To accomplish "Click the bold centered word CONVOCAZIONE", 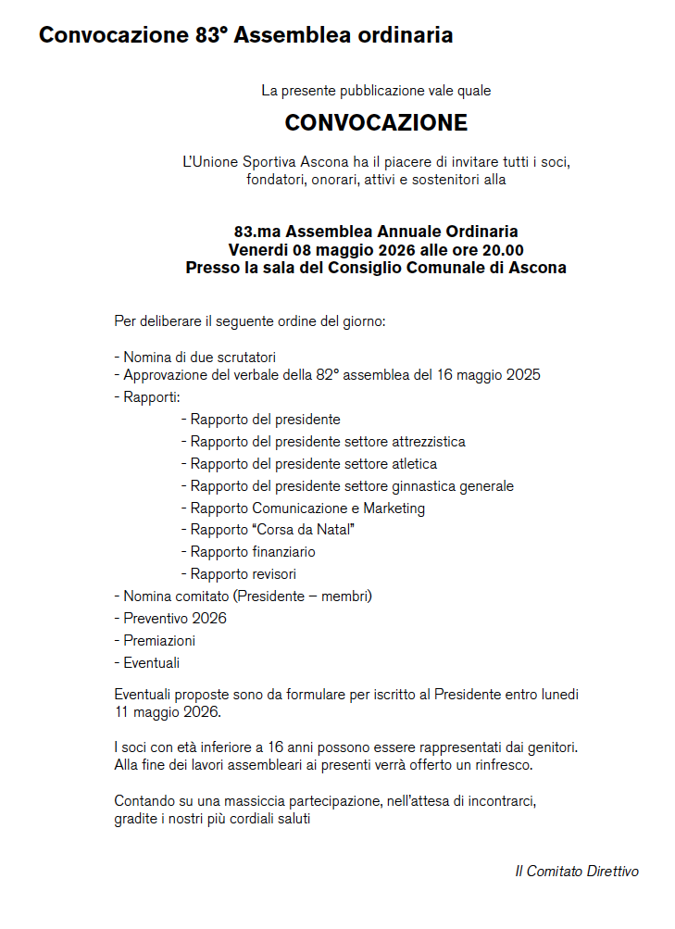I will [376, 123].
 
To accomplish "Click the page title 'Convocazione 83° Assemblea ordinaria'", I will [245, 36].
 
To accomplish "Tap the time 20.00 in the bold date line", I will [500, 250].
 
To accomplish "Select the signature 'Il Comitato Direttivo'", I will [576, 872].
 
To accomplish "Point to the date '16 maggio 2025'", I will [494, 375].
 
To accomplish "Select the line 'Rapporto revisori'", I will [244, 574].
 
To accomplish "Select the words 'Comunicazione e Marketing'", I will [339, 508].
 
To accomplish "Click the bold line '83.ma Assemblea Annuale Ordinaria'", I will [376, 232].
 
